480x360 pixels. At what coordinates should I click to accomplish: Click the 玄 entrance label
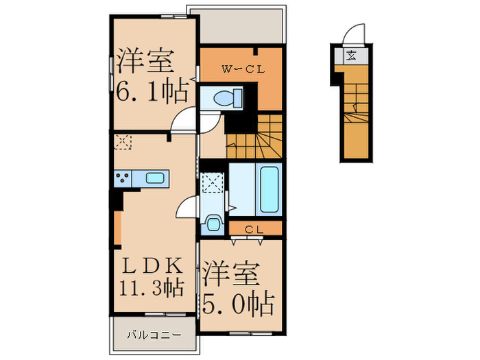coord(351,56)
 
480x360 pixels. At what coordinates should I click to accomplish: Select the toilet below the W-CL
coord(224,98)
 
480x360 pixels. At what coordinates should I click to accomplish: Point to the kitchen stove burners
coord(123,178)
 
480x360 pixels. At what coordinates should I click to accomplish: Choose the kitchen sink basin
coord(156,178)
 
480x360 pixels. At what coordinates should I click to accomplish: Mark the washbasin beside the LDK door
coord(213,223)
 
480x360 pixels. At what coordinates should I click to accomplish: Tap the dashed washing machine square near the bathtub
coord(212,183)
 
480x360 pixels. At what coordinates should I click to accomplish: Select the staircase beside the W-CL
coord(255,136)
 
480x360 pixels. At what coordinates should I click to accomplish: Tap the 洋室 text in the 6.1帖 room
coord(146,61)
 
